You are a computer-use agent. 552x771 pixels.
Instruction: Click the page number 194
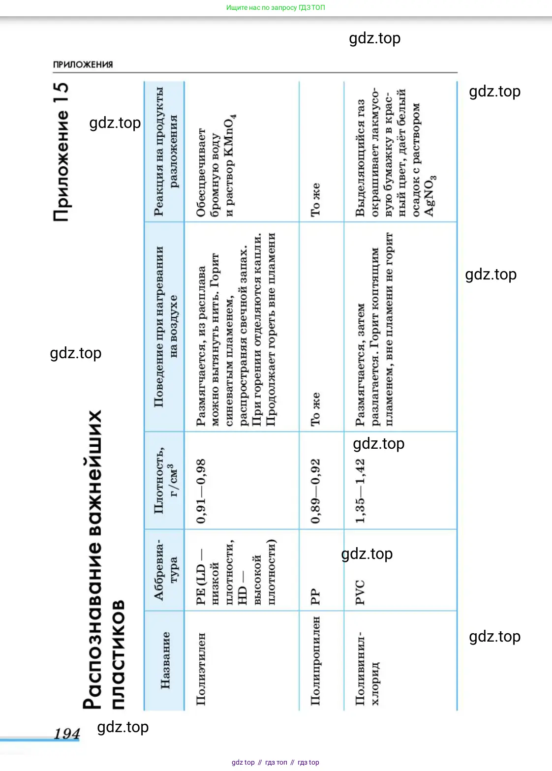coord(66,734)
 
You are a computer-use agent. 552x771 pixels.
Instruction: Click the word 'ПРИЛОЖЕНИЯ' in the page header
coord(83,64)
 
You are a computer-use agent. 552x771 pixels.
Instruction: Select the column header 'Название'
coord(165,660)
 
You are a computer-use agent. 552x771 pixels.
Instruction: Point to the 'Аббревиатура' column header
coord(166,570)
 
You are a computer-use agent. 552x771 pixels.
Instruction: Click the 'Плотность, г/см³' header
coord(165,480)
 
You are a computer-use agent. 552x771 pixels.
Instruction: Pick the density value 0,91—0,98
coord(201,492)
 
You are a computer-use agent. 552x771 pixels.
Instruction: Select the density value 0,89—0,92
coord(315,491)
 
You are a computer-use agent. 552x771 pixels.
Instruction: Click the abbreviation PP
coord(315,597)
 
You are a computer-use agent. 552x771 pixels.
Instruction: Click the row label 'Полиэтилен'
coord(201,669)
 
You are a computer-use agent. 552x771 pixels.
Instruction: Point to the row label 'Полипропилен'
coord(315,660)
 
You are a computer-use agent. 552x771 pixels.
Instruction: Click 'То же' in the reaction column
coord(315,200)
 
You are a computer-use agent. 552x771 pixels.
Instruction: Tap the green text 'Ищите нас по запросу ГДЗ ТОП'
coord(276,7)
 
